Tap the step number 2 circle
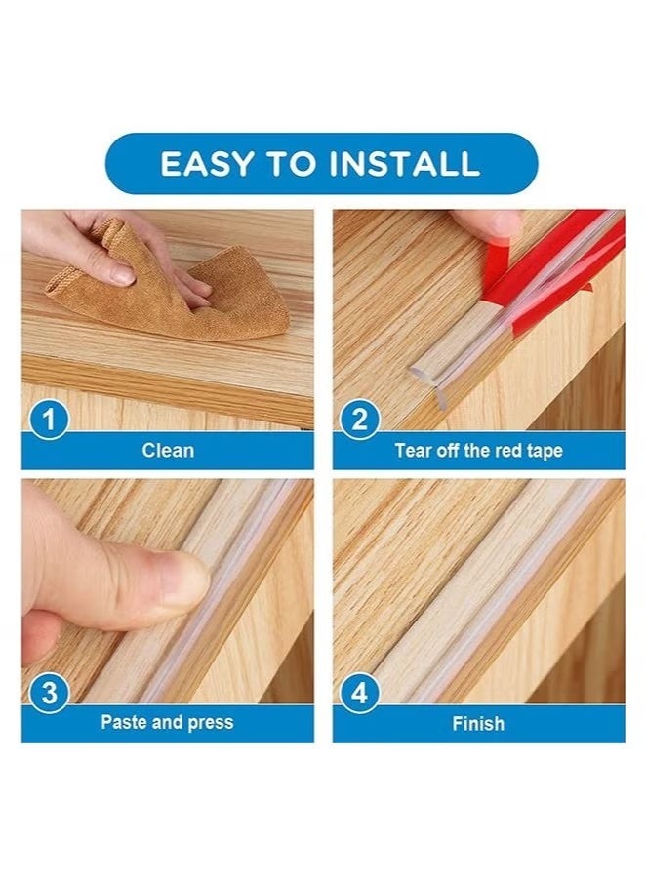[x=359, y=421]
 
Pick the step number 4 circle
[x=359, y=695]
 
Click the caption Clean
[x=168, y=451]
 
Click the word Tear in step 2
[x=412, y=451]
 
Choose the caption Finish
[x=478, y=723]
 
